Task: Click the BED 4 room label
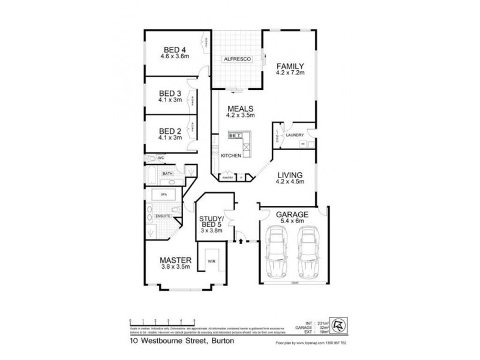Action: point(174,50)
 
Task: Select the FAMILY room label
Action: point(290,66)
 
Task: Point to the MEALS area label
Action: point(240,109)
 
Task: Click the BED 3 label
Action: point(170,93)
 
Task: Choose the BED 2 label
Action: point(170,131)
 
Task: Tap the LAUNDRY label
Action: point(295,135)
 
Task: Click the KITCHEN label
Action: point(231,156)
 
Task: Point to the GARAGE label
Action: point(292,214)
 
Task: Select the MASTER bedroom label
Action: point(175,260)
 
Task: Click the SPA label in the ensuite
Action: point(162,195)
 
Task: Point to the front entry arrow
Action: point(242,241)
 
